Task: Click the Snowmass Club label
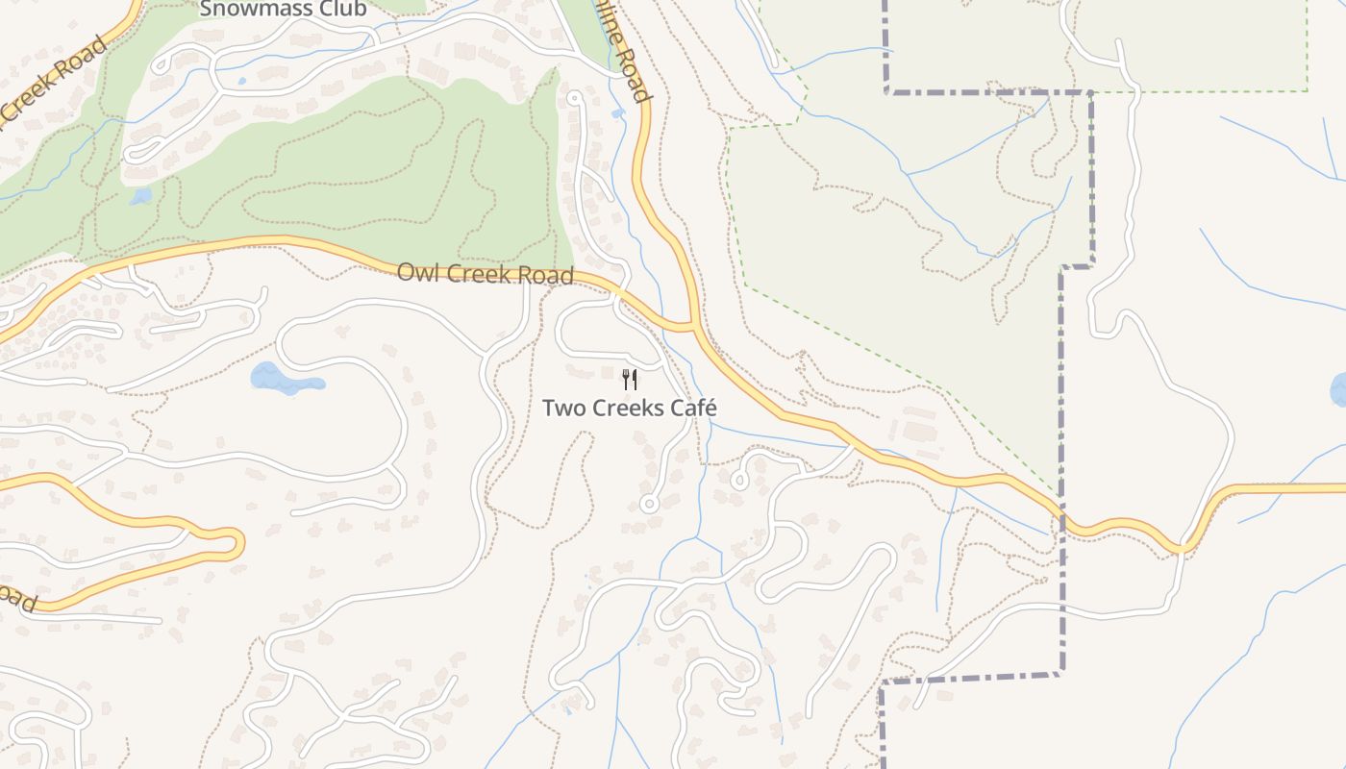(283, 10)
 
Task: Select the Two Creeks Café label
(630, 408)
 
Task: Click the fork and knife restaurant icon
(630, 379)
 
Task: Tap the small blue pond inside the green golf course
(141, 196)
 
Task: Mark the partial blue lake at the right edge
(1338, 389)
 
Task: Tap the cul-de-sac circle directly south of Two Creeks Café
(648, 504)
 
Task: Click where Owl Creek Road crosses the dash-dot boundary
(1062, 519)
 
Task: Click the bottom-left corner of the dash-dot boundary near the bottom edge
(883, 683)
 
